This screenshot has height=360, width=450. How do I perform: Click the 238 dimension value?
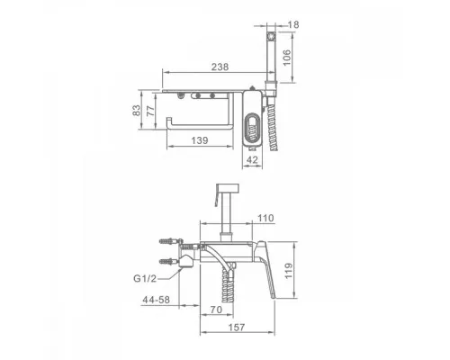pos(220,67)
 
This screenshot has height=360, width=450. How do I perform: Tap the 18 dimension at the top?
pos(293,24)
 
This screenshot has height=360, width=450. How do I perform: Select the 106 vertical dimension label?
pos(287,58)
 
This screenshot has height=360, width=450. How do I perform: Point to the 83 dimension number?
pos(136,110)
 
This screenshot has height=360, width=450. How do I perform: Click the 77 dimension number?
pos(151,110)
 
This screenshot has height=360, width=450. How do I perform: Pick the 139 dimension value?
pos(200,140)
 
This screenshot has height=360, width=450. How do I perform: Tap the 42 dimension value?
pos(252,160)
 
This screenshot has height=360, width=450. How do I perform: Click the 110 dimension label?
pos(265,218)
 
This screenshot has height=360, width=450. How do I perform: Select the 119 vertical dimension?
pos(289,271)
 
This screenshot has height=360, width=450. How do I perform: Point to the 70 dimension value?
pos(216,310)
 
